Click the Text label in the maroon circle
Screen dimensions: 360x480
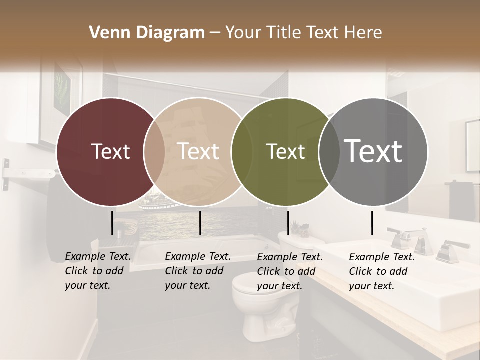[110, 151]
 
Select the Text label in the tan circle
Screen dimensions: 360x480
[198, 151]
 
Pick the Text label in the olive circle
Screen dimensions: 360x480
[286, 151]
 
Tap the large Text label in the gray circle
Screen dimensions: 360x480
[373, 151]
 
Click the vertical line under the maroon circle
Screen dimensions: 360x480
[112, 223]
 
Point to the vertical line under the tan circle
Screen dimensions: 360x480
[200, 223]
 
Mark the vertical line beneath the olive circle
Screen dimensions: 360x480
[288, 223]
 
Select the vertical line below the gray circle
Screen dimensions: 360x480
[372, 223]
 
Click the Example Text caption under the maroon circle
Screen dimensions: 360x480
[97, 271]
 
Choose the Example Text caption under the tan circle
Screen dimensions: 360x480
[197, 271]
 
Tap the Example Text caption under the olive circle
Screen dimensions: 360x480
[289, 271]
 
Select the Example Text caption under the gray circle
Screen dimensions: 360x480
[381, 271]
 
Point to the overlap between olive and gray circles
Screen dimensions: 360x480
[328, 152]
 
